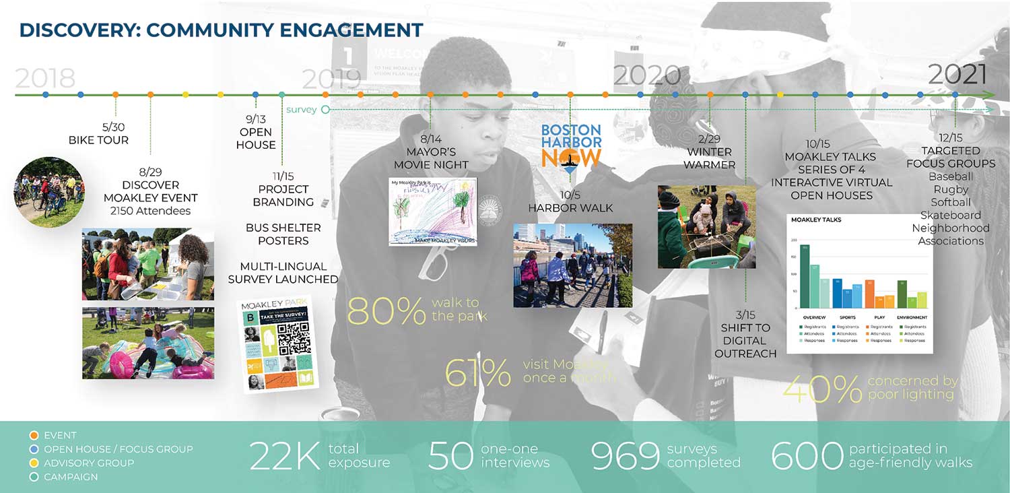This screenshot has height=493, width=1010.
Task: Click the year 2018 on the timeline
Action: pos(44,79)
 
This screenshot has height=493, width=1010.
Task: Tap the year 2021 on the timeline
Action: pos(957,74)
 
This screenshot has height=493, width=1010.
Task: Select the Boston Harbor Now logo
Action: pos(571,145)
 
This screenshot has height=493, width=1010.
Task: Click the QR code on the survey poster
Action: pos(294,339)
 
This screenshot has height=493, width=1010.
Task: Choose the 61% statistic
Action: pos(478,372)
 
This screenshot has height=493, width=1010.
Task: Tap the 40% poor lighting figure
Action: pos(822,389)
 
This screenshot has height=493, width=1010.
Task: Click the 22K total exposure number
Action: pos(284,456)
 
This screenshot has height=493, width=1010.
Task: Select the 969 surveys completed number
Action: pos(625,456)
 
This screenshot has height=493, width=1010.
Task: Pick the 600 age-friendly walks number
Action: pos(806,456)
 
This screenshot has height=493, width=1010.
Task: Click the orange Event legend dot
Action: pos(34,435)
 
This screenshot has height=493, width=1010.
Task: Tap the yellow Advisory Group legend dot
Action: pos(34,463)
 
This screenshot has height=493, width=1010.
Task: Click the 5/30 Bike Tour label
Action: pos(98,133)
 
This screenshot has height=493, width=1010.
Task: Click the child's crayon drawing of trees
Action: pos(433,211)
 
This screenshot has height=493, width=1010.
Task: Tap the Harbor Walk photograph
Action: pos(572,265)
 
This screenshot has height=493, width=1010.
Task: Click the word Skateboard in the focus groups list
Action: pos(951,215)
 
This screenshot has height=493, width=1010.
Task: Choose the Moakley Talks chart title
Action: pos(816,220)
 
